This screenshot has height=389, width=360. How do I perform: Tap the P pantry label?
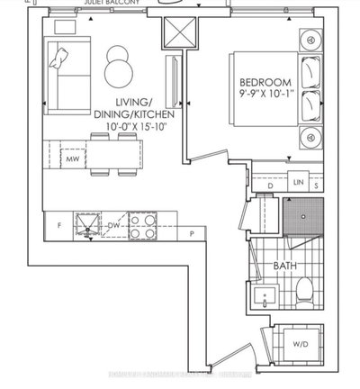pos(192,235)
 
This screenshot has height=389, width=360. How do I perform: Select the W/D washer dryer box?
pos(300,342)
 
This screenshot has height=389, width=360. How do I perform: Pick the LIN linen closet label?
pos(299,184)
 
